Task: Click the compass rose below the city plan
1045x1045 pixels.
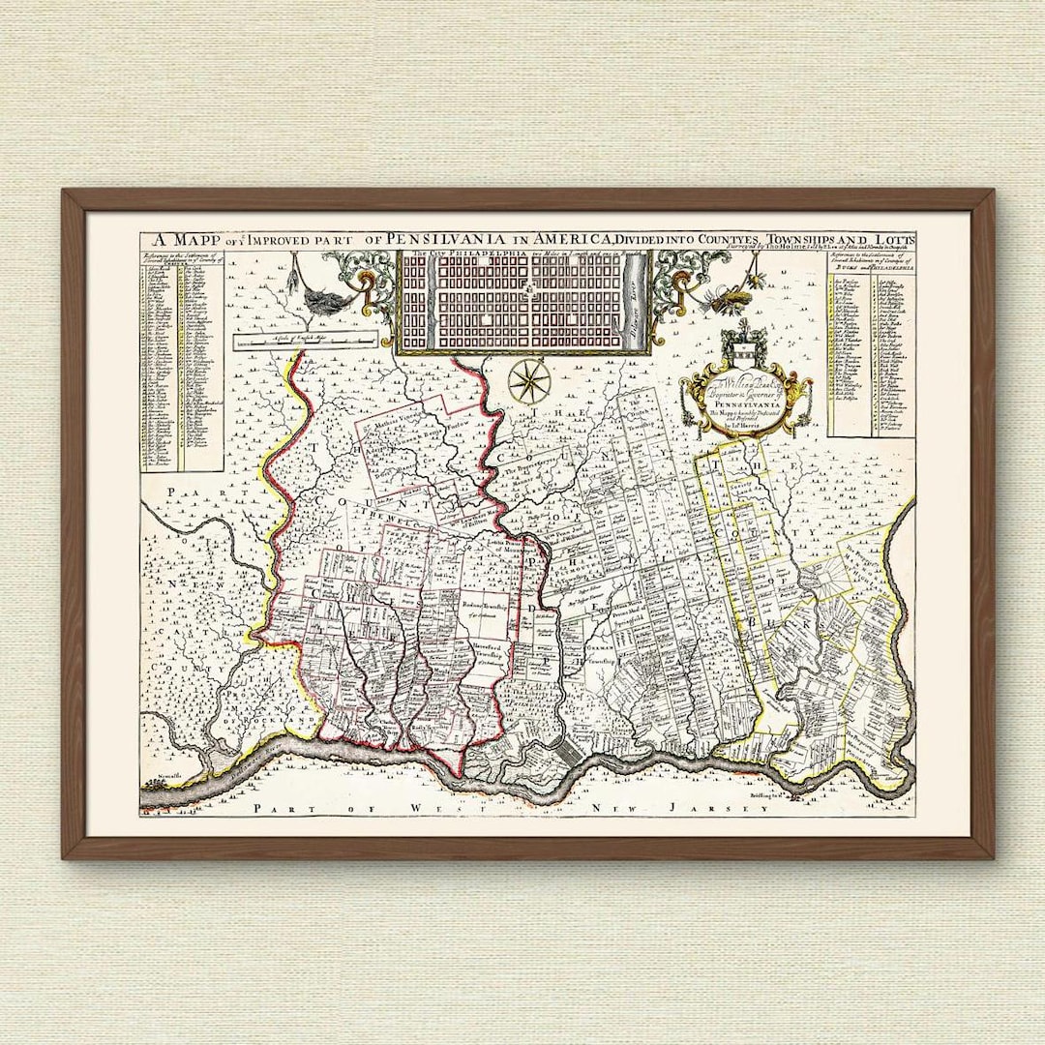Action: click(x=530, y=379)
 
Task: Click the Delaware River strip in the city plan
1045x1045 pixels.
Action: click(x=635, y=300)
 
